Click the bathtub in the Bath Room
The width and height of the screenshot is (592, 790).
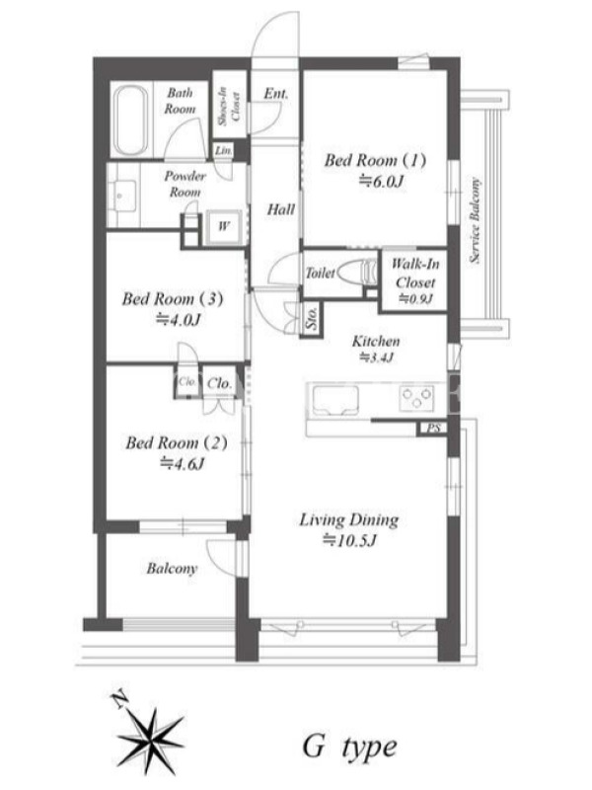pyautogui.click(x=130, y=120)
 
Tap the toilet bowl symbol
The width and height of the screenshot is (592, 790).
pyautogui.click(x=357, y=273)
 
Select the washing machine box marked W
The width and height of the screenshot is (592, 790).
pyautogui.click(x=224, y=226)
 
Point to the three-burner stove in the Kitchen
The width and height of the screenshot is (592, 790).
pyautogui.click(x=416, y=398)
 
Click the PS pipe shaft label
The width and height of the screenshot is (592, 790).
pyautogui.click(x=433, y=429)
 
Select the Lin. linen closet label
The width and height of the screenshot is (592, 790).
pyautogui.click(x=224, y=151)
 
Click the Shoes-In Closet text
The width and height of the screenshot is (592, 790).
pyautogui.click(x=230, y=106)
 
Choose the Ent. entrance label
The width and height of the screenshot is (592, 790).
pyautogui.click(x=276, y=94)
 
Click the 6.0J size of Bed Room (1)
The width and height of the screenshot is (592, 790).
pyautogui.click(x=381, y=182)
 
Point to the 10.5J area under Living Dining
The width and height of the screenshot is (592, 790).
pyautogui.click(x=349, y=540)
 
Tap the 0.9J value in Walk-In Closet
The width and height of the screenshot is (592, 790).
pyautogui.click(x=415, y=299)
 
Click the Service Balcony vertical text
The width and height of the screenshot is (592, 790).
pyautogui.click(x=475, y=220)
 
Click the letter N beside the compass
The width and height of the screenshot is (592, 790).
pyautogui.click(x=118, y=700)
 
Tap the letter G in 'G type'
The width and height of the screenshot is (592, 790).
pyautogui.click(x=314, y=747)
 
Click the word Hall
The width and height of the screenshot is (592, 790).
pyautogui.click(x=280, y=209)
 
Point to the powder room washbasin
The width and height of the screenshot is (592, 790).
pyautogui.click(x=121, y=196)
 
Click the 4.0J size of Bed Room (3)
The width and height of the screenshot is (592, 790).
pyautogui.click(x=179, y=319)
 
